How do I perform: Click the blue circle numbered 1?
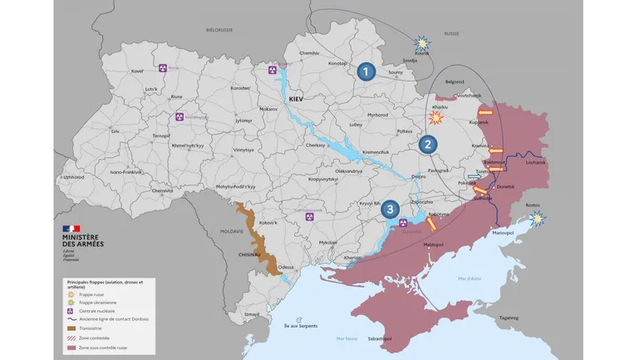[366, 72]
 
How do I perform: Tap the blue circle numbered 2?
[428, 144]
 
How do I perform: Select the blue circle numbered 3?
[391, 210]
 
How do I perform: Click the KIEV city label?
[297, 99]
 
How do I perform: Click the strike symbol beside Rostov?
[539, 218]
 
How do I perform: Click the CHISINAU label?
[251, 255]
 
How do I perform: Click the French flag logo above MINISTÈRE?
[71, 228]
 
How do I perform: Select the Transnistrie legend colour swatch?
[71, 328]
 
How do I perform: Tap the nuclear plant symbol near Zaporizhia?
[403, 223]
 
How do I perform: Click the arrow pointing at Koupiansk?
[485, 112]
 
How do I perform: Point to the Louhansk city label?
[536, 162]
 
